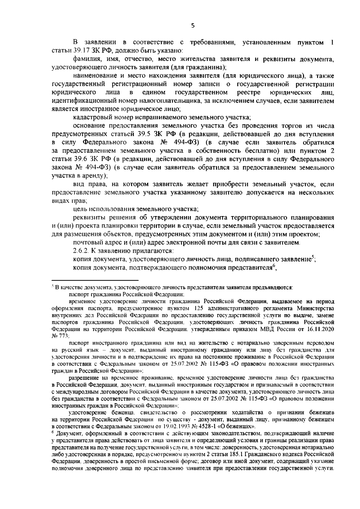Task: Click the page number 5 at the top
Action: click(x=193, y=26)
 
